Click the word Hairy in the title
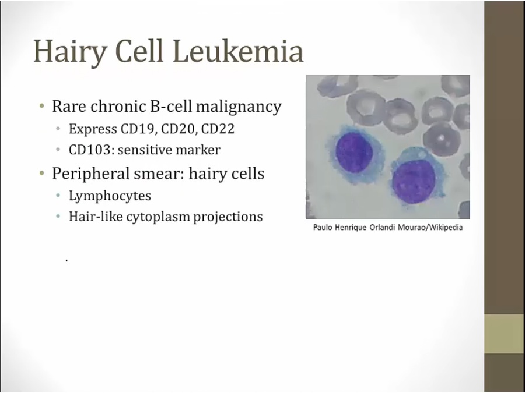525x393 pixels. tap(70, 52)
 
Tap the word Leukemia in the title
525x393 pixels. tap(238, 51)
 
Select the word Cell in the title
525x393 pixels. tap(139, 51)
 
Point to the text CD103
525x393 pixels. tap(89, 150)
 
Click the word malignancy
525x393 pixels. tap(239, 107)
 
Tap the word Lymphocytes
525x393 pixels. tap(110, 196)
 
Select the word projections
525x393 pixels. tap(228, 217)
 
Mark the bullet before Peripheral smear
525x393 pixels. tap(41, 173)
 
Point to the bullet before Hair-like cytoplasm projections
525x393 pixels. tap(58, 216)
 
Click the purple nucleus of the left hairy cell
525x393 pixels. tap(354, 153)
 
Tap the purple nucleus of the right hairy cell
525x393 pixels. tap(414, 182)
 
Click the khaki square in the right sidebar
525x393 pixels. tap(505, 334)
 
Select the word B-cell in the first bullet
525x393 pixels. tap(171, 107)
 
